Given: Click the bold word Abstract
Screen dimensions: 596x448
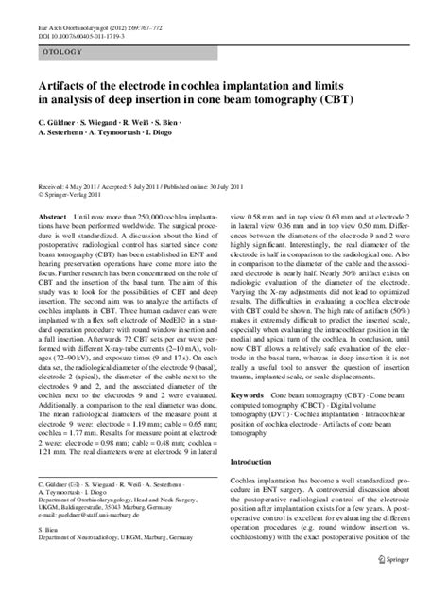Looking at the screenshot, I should tap(50, 216).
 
